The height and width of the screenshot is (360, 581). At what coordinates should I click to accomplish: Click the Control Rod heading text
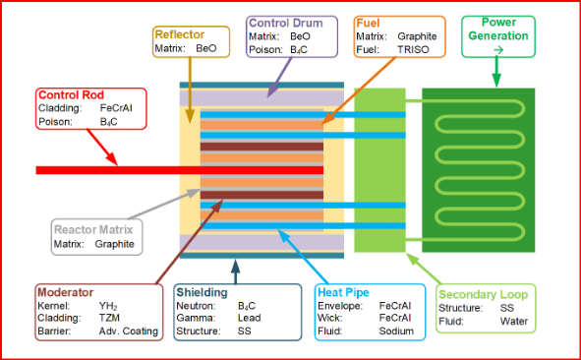coord(71,94)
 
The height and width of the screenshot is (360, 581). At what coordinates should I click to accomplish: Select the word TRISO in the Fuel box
coord(413,49)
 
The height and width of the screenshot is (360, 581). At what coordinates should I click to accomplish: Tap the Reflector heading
coord(180,34)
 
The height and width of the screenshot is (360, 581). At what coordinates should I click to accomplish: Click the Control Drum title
coord(286,23)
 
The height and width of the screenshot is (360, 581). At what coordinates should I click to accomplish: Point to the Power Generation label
coord(498,29)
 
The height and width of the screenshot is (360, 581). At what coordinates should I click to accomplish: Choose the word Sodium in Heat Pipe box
coord(396,330)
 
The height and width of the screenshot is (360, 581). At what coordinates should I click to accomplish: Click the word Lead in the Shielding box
coord(249,318)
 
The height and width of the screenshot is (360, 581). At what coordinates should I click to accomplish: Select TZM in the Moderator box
coord(109,318)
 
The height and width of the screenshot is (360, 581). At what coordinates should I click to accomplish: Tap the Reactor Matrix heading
coord(93,229)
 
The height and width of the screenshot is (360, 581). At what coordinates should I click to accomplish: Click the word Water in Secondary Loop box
coord(514,321)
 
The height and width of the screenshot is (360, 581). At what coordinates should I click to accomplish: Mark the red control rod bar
coord(179,170)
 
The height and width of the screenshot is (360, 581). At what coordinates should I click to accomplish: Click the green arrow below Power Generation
coord(496,71)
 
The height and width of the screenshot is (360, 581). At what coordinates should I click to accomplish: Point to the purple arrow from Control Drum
coord(279,78)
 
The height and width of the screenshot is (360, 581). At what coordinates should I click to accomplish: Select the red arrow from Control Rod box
coord(102,148)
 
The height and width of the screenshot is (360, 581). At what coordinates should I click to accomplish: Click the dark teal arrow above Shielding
coord(235,271)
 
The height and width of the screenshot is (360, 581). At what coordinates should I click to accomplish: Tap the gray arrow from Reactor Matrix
coord(164,204)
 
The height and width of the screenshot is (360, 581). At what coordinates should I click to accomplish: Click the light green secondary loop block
coord(379,170)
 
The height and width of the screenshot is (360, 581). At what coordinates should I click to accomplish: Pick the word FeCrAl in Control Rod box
coord(116,108)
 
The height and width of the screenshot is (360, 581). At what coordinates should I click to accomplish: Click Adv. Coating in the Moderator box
coord(128,331)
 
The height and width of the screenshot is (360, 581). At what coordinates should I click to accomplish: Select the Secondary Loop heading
coord(483,295)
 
